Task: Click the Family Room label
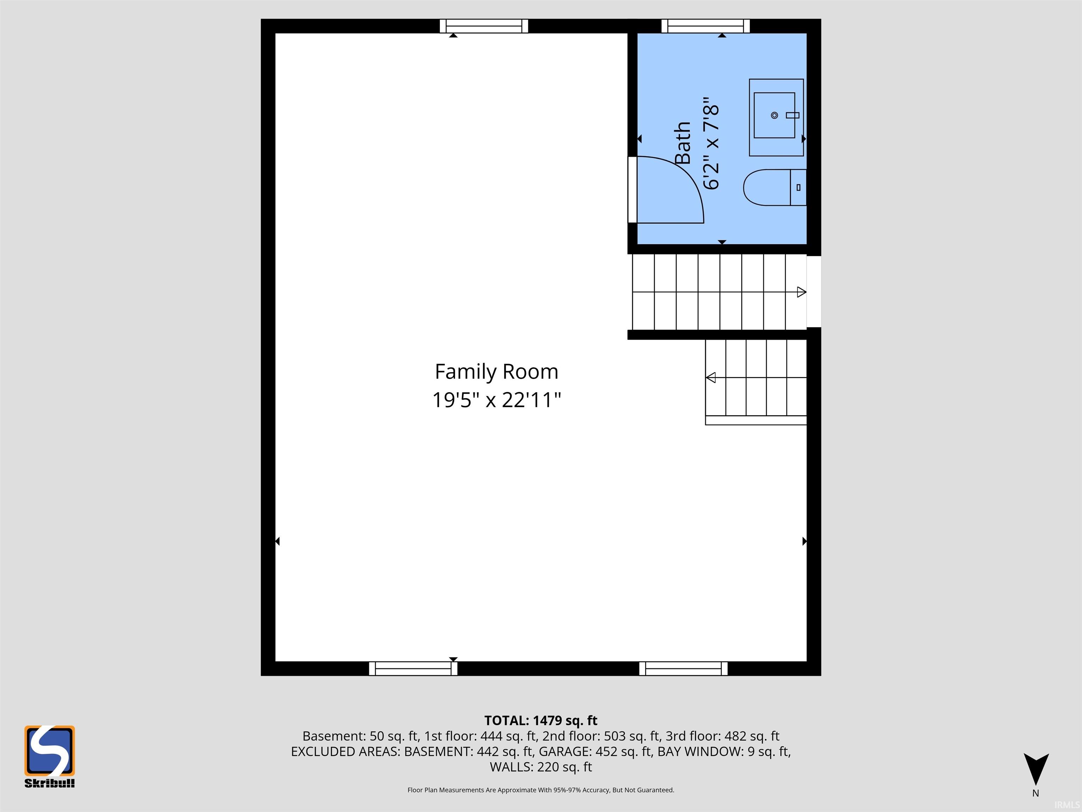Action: coord(497,372)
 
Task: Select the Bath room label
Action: coord(683,143)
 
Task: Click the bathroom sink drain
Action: coord(774,116)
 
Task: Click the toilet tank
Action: coord(798,187)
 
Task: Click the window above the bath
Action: coord(705,26)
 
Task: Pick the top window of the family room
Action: coord(484,26)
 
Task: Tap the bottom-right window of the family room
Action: coord(683,669)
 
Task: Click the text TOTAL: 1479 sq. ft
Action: coord(541,720)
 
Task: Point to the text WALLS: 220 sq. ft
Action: coord(541,767)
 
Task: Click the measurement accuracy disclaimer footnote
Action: coord(541,790)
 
